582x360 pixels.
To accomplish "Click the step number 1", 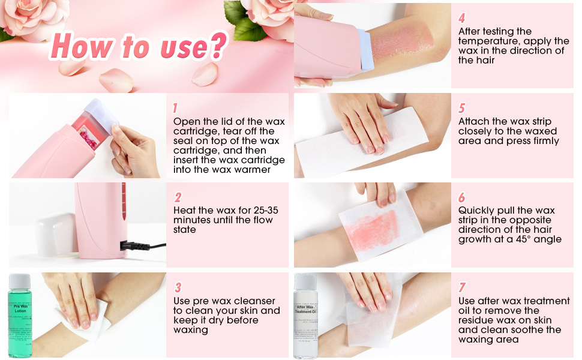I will point(175,108).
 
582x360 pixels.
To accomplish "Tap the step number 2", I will point(178,197).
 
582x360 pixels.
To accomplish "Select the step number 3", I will point(178,287).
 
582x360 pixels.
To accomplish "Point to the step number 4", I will point(461,18).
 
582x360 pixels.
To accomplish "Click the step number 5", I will point(461,108).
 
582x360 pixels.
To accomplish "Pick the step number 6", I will point(461,197).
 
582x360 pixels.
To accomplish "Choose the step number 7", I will point(461,287).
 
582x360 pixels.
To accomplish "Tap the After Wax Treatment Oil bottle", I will point(305,321).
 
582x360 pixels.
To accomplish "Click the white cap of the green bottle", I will point(20,280).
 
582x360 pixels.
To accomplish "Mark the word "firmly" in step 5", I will point(541,141).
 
